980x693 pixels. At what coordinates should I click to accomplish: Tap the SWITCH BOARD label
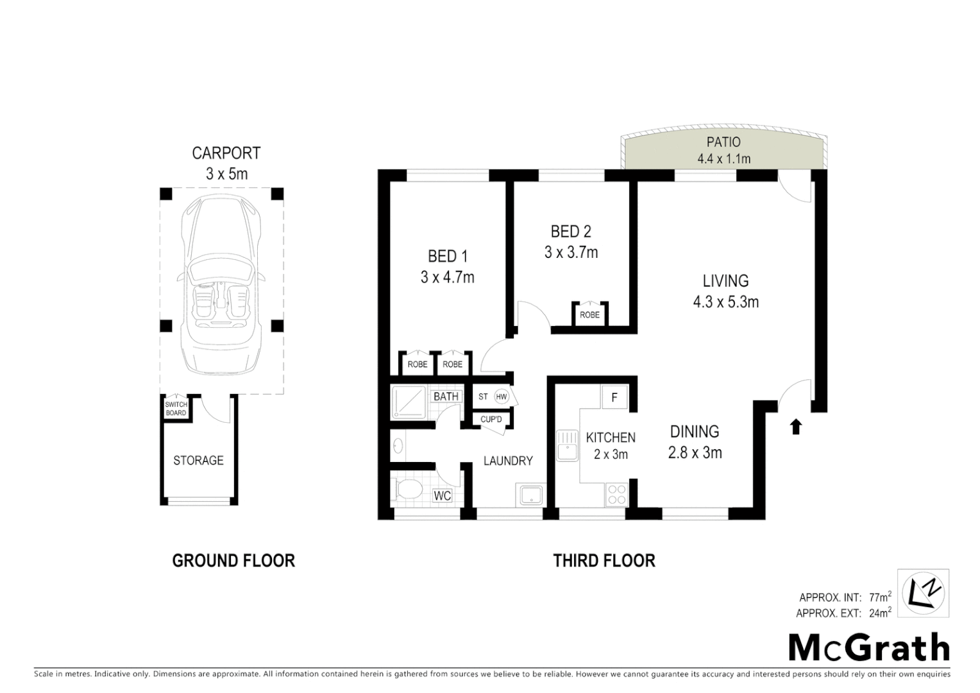coord(176,409)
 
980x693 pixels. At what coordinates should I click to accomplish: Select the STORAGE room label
coord(198,461)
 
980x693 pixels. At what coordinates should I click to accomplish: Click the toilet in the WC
coord(409,491)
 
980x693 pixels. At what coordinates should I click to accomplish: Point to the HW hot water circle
coord(502,397)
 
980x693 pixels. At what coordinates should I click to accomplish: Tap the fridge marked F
coord(614,398)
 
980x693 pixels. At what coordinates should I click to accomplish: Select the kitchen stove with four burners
coord(616,494)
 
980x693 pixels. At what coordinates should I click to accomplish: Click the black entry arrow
coord(796,427)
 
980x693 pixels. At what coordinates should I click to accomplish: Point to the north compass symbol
coord(923,592)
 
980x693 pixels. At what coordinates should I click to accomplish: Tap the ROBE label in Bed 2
coord(589,315)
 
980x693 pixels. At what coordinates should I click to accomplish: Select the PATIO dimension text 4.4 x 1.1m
coord(723,158)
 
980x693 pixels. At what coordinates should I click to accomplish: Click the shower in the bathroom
coord(410,402)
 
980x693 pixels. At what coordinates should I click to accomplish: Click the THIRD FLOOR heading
coord(604,561)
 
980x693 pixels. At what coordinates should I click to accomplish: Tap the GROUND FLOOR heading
coord(233,561)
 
